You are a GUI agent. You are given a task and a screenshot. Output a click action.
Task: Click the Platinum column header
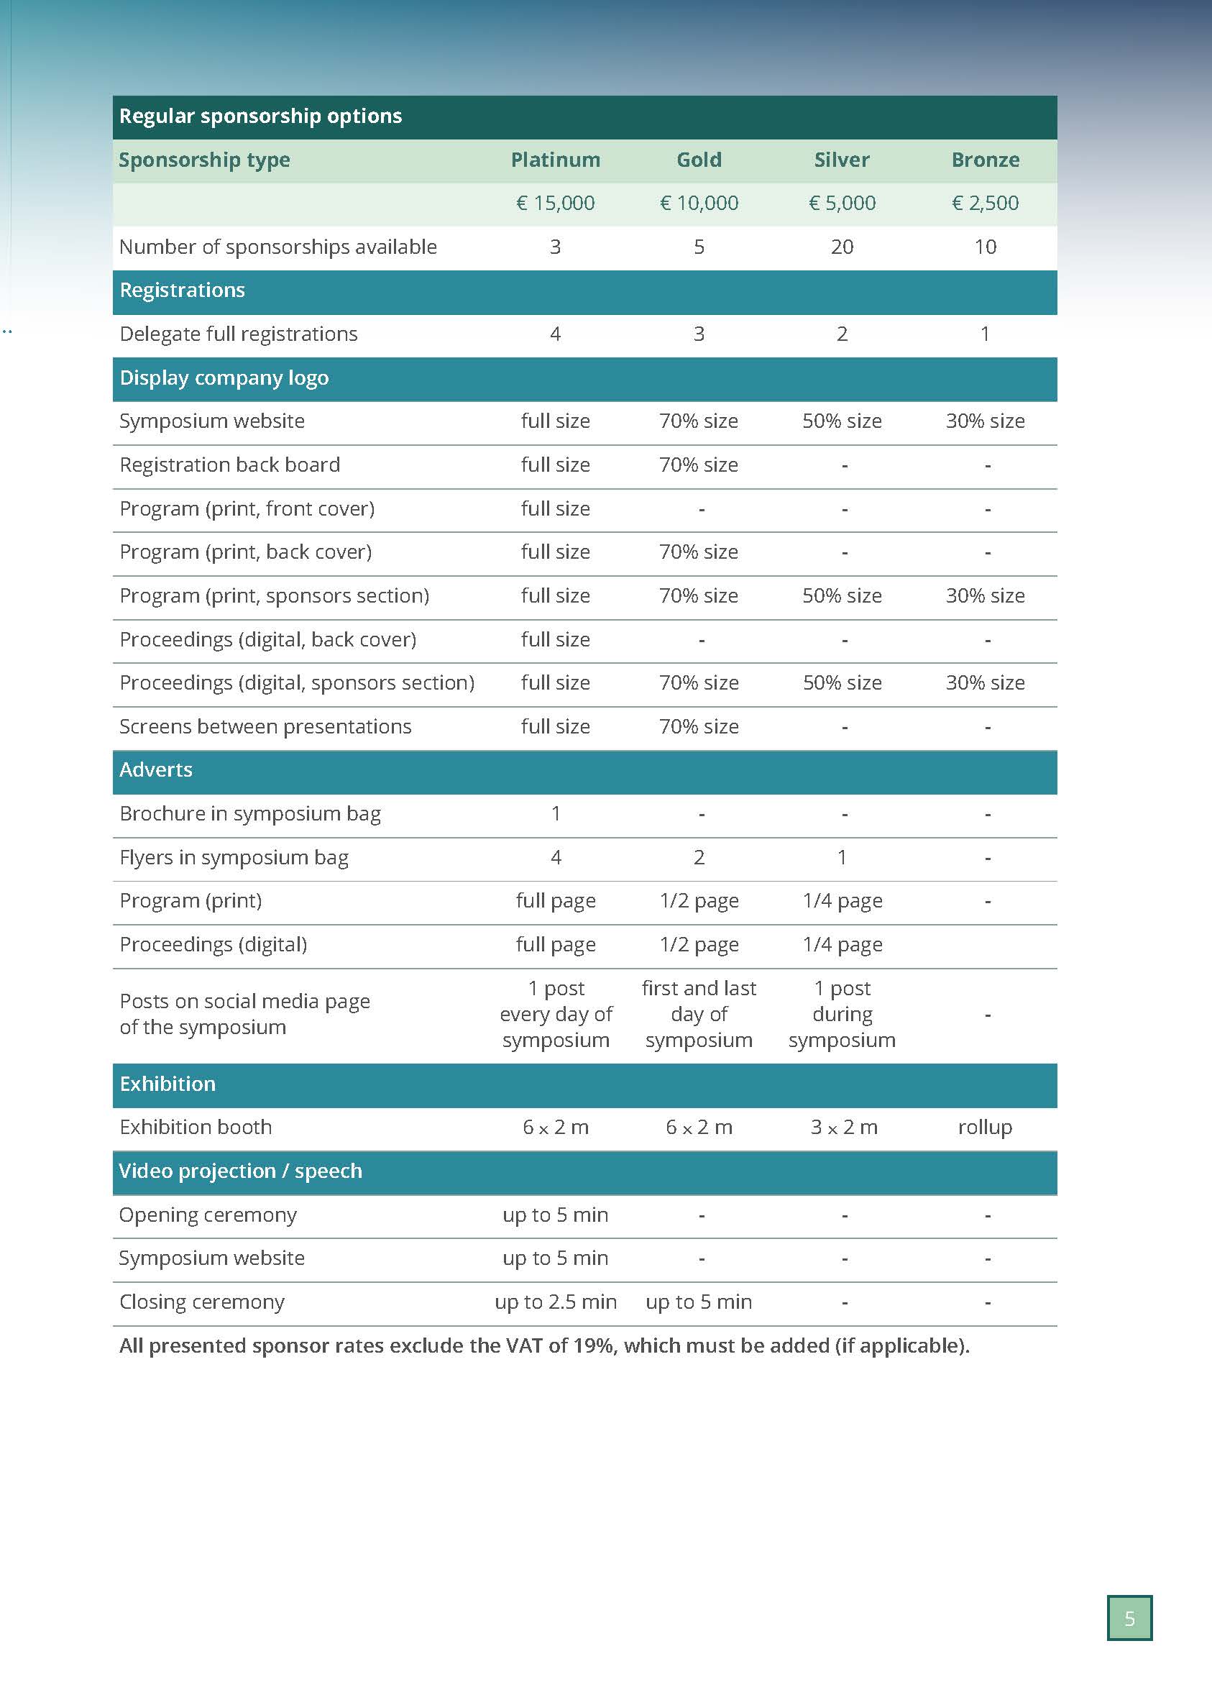tap(555, 160)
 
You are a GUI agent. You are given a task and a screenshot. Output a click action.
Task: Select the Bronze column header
tap(985, 160)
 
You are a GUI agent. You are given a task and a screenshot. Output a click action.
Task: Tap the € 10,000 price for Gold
tap(699, 203)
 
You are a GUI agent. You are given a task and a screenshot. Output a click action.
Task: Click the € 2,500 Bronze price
tap(985, 203)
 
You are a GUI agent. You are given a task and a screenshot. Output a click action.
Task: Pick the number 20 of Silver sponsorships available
tap(842, 247)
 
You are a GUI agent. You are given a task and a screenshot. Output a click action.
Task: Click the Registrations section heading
tap(182, 291)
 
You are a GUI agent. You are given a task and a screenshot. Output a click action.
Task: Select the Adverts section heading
tap(156, 769)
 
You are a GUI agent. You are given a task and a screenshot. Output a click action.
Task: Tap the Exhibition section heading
tap(167, 1084)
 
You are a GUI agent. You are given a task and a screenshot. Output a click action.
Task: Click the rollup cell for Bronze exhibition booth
tap(985, 1128)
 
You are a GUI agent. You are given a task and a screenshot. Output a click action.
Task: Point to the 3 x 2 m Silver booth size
tap(843, 1128)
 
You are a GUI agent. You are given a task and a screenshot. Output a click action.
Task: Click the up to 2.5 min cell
tap(555, 1302)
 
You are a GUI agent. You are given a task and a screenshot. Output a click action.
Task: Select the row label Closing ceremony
tap(201, 1302)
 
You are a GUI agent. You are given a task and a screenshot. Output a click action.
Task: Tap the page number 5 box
tap(1129, 1619)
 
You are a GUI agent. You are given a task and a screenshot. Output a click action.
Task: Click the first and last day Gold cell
tap(699, 1014)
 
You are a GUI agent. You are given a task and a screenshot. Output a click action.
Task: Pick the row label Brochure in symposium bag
tap(250, 814)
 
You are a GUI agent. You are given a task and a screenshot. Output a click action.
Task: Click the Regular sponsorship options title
tap(260, 116)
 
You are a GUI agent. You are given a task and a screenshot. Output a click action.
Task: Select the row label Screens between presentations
tap(265, 726)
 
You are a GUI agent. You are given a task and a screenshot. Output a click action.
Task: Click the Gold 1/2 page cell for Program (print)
tap(699, 901)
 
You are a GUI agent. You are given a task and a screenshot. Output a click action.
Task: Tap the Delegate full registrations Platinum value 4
tap(555, 334)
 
